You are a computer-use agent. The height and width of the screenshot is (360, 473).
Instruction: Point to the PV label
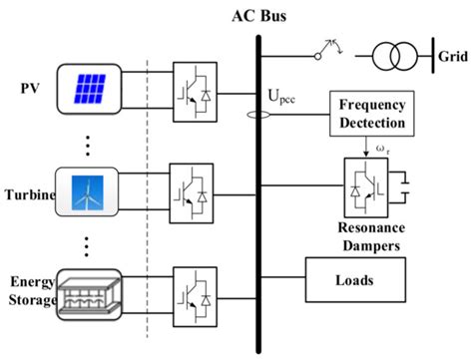tap(30, 87)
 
